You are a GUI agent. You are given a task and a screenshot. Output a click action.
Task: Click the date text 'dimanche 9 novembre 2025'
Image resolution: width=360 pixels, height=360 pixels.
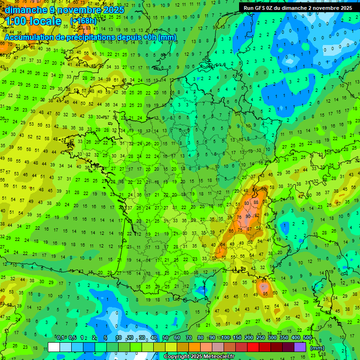click(64, 10)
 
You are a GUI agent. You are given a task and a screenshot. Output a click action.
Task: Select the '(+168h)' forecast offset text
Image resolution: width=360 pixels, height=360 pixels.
click(83, 21)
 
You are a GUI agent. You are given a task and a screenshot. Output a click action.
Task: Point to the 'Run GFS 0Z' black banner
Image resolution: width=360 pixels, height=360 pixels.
click(298, 7)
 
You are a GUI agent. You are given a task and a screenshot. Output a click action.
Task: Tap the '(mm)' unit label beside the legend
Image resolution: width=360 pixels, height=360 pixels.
click(317, 348)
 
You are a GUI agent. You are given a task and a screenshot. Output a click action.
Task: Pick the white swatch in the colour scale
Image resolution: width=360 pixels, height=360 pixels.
click(54, 347)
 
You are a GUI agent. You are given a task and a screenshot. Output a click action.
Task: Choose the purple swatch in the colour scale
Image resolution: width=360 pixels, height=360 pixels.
click(300, 347)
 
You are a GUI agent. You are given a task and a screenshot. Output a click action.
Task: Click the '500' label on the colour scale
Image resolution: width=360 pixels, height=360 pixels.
click(307, 338)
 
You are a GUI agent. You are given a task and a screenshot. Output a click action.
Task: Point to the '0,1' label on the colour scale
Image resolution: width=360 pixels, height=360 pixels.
click(60, 338)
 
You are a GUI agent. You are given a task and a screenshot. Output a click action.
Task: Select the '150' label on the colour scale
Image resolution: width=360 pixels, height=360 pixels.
click(237, 338)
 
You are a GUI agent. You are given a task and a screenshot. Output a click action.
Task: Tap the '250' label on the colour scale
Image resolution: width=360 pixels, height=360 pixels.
click(261, 338)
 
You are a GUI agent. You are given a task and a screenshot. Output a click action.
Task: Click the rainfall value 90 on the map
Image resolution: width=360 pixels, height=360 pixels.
click(248, 217)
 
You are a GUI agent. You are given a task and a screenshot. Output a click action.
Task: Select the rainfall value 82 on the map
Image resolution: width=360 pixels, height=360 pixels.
click(257, 216)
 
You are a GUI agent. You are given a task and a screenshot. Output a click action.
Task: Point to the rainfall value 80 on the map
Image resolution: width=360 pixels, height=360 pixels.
click(247, 203)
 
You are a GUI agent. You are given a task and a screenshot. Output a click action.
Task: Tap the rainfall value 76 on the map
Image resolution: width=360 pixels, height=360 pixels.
click(239, 217)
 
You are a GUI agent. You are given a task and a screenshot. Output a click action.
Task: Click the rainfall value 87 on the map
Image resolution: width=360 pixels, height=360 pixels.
click(249, 229)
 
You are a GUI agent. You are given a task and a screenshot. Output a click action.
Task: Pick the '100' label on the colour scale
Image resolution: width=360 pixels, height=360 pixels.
click(225, 338)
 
